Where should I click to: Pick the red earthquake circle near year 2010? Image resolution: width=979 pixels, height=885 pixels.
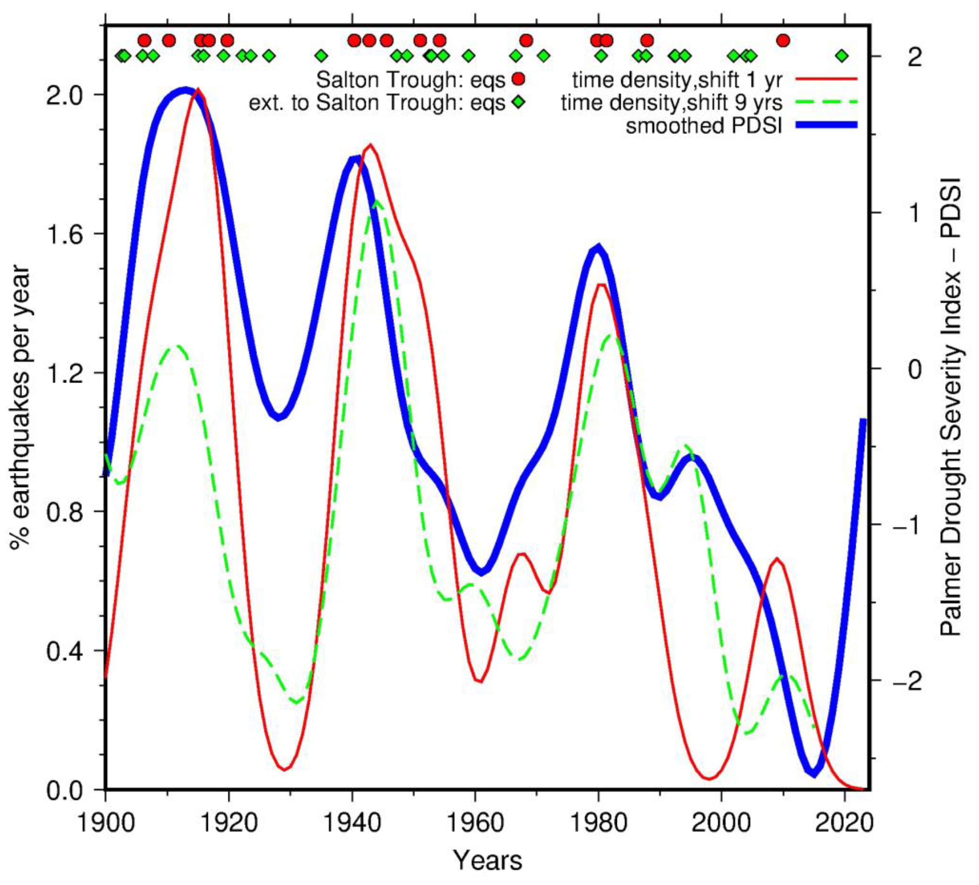coord(783,40)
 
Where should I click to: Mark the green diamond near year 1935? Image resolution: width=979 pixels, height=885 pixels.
coord(321,56)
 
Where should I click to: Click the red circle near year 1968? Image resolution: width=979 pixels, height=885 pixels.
coord(526,40)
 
